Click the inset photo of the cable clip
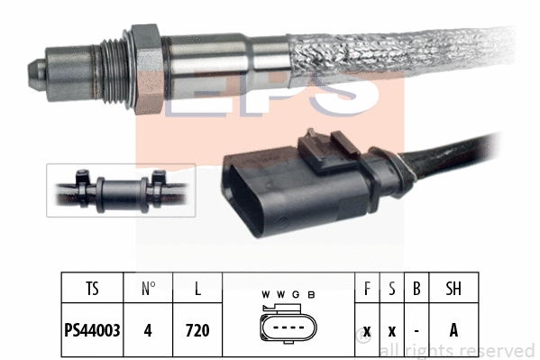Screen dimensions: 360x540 [121, 190]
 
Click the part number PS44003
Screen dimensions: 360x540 [93, 329]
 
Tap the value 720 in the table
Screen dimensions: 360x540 [197, 329]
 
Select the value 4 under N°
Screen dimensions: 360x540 [148, 329]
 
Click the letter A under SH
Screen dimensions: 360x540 [453, 329]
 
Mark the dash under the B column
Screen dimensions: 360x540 [416, 329]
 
